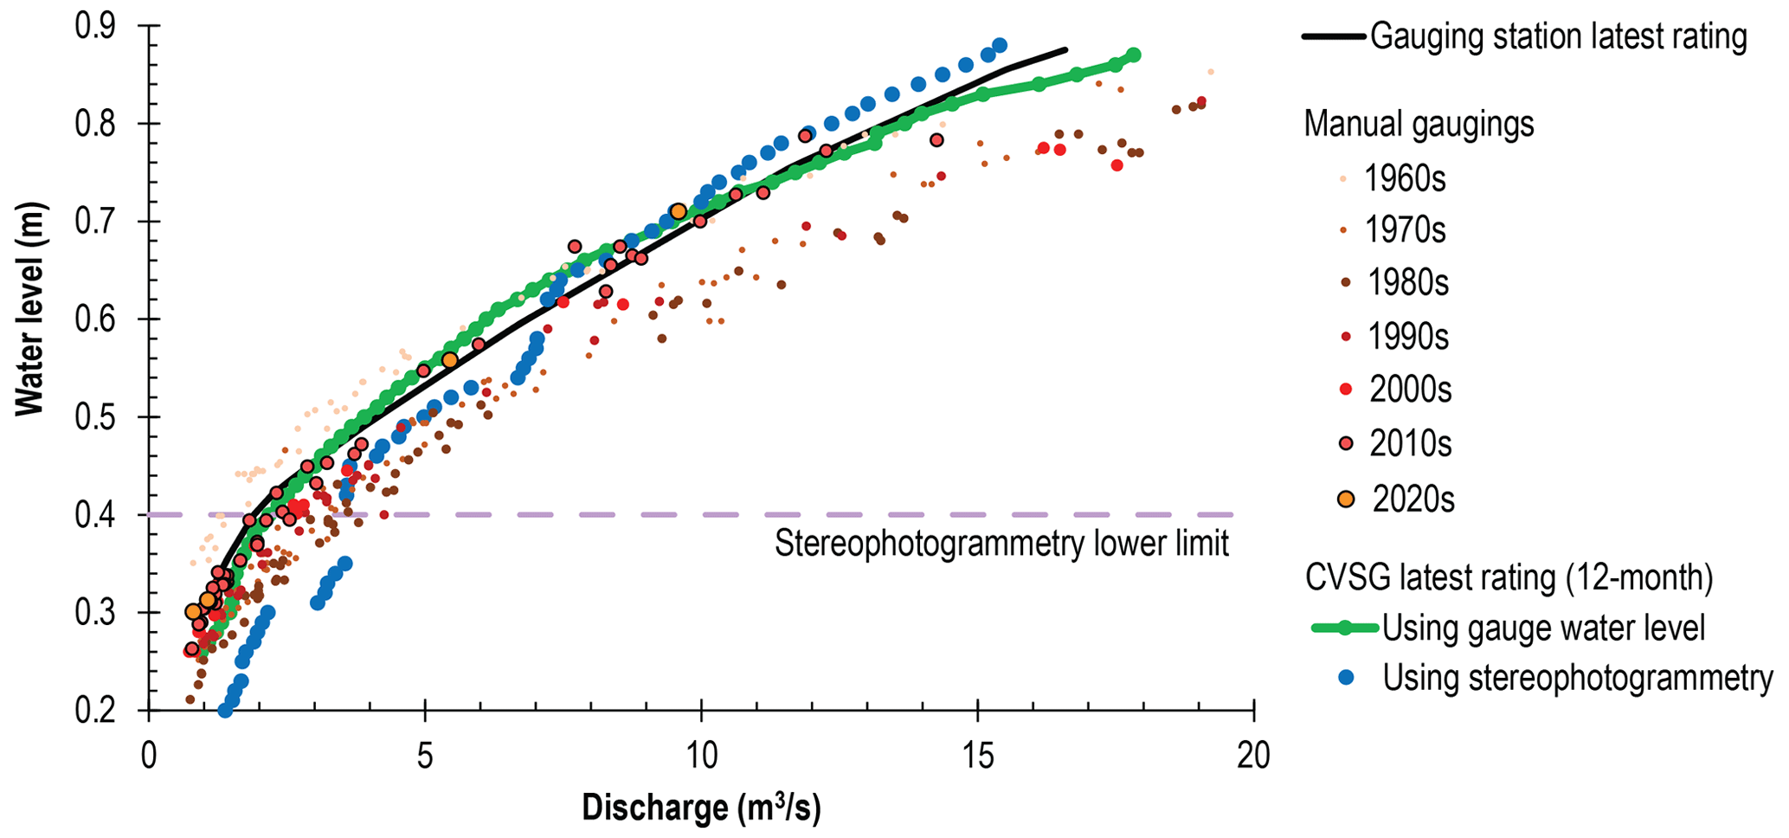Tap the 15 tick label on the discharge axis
977,757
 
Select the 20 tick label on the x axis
1252,757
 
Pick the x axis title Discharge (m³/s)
701,808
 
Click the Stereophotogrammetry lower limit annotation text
1001,544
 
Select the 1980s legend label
1407,282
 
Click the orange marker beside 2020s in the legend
1345,500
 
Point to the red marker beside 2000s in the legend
1345,390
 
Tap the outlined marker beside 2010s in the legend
1345,443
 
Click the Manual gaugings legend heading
1419,124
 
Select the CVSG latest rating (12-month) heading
1509,578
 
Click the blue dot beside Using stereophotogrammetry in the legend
1345,677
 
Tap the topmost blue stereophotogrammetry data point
1000,45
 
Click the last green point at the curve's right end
1134,55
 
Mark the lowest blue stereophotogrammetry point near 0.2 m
225,711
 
